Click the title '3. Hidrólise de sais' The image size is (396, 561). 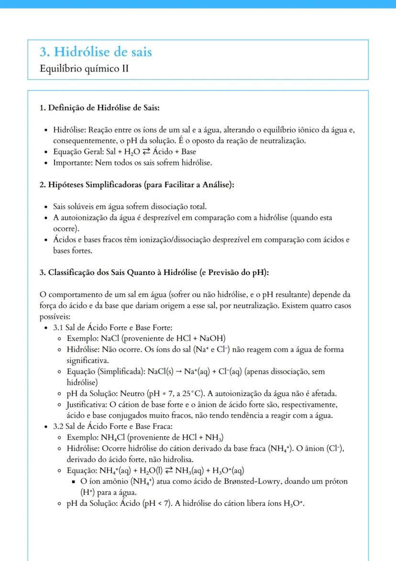tap(96, 52)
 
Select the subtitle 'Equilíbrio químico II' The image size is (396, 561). tap(84, 69)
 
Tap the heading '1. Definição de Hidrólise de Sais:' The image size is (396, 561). tap(99, 108)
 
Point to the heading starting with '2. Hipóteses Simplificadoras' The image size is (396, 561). tap(137, 184)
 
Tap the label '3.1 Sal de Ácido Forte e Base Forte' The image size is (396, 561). tap(113, 328)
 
